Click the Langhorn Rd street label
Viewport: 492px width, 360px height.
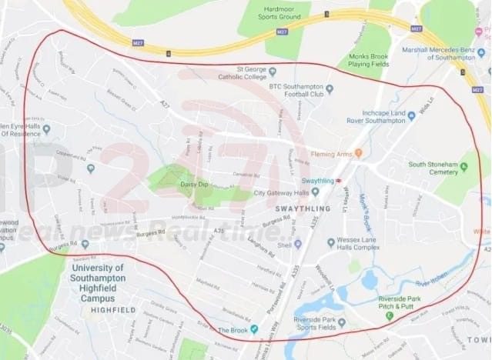(262, 247)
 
